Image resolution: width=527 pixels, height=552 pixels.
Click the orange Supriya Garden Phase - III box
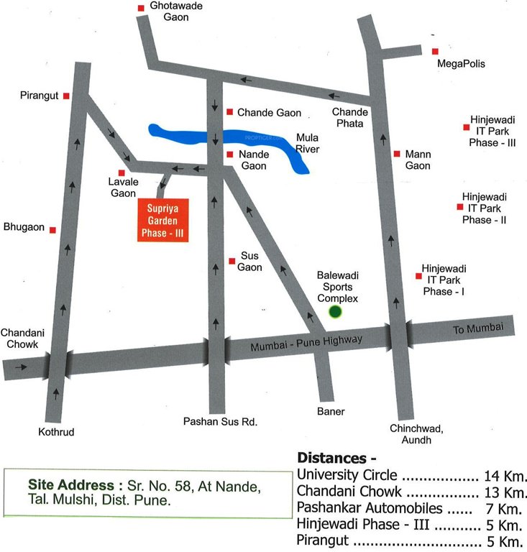pyautogui.click(x=162, y=220)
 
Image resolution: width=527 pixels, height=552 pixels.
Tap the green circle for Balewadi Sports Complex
pyautogui.click(x=335, y=312)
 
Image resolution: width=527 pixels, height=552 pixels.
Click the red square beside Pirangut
pyautogui.click(x=66, y=96)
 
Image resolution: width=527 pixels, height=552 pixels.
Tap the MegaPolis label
pyautogui.click(x=462, y=63)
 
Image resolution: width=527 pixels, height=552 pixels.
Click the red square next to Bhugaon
pyautogui.click(x=52, y=229)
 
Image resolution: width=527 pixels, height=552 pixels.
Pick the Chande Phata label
pyautogui.click(x=350, y=117)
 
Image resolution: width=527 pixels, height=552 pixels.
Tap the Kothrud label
pyautogui.click(x=57, y=432)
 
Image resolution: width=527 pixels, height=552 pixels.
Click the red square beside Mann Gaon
pyautogui.click(x=397, y=154)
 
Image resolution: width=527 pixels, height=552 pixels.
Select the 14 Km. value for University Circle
pyautogui.click(x=506, y=476)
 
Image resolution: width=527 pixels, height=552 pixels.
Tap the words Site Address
pyautogui.click(x=72, y=485)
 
